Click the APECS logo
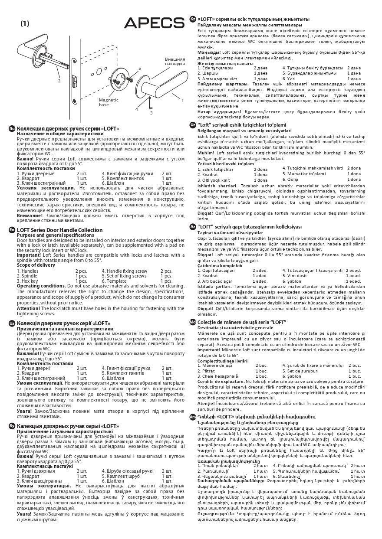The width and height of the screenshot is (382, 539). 155,23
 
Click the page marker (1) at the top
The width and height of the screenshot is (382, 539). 25,23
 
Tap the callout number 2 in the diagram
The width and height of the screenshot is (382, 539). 59,81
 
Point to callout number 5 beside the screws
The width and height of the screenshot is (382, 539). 139,68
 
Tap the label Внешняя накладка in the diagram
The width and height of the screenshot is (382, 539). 175,61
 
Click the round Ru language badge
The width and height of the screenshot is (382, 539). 12,129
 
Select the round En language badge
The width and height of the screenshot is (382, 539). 12,230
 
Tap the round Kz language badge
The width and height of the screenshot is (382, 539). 193,20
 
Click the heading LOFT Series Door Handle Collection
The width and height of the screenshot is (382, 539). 59,230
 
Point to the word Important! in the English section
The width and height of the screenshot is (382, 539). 29,255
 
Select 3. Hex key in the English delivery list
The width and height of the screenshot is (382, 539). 27,281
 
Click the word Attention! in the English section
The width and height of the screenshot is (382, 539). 29,308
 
